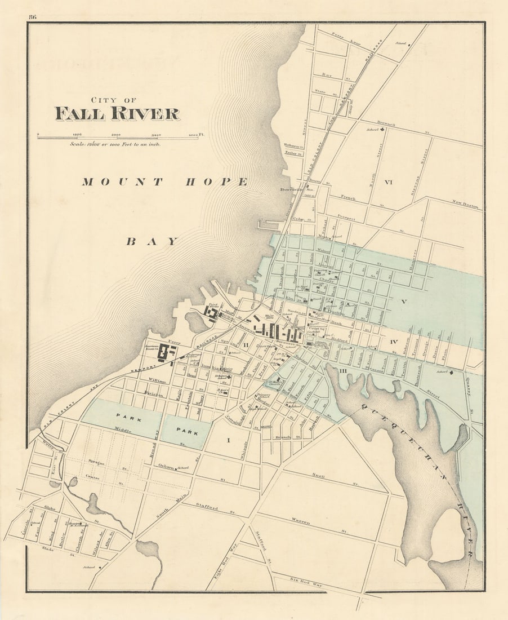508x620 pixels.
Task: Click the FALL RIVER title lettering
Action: pos(117,113)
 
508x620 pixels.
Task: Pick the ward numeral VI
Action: pos(388,181)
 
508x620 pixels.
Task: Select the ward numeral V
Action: pos(403,301)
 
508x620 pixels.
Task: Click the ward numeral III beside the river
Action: pos(343,369)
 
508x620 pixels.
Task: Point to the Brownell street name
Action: pos(386,124)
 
